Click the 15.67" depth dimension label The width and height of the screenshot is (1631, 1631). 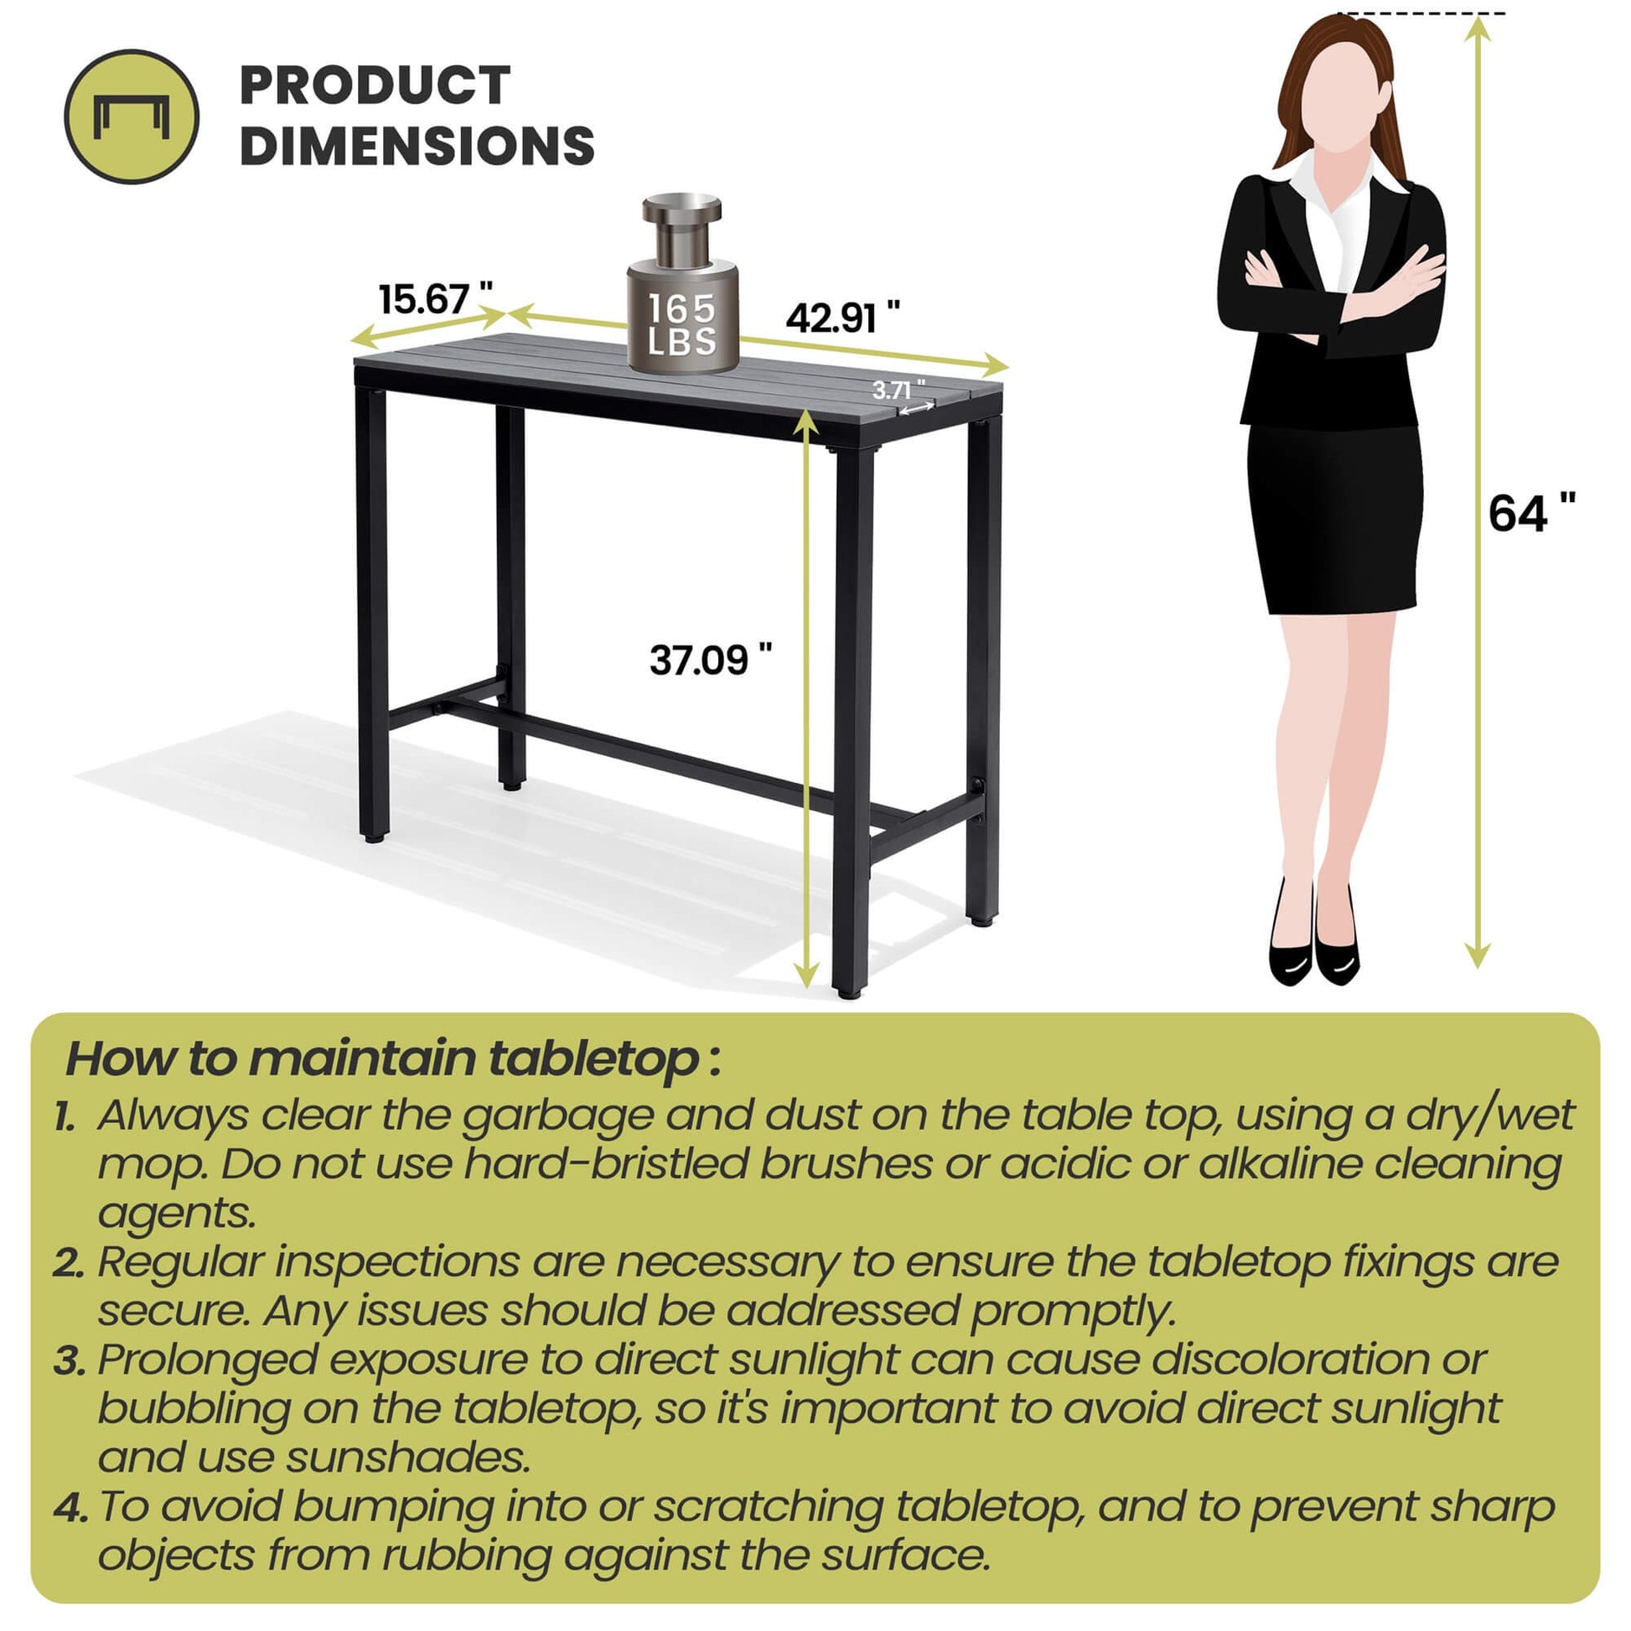(436, 298)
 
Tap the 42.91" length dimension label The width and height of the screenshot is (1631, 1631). (843, 318)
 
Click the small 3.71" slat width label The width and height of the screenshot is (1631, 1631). (899, 389)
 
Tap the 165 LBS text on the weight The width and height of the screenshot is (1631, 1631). (682, 324)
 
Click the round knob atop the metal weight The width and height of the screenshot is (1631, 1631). (682, 209)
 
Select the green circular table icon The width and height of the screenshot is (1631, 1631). (132, 116)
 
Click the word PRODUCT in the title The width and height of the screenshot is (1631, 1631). (375, 85)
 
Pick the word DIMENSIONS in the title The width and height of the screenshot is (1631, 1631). (418, 145)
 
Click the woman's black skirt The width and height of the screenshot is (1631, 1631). (1333, 518)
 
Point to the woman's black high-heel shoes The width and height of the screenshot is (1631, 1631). (1313, 935)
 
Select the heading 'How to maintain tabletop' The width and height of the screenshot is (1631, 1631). (393, 1060)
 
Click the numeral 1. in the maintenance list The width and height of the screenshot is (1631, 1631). (65, 1117)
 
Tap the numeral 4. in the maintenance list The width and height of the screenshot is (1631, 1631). (71, 1509)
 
